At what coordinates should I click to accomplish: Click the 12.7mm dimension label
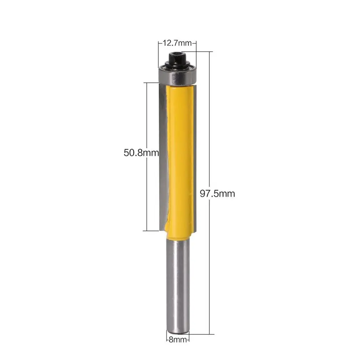point(177,43)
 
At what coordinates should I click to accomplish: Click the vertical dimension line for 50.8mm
point(147,118)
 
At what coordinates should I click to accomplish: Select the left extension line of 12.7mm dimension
point(158,53)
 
